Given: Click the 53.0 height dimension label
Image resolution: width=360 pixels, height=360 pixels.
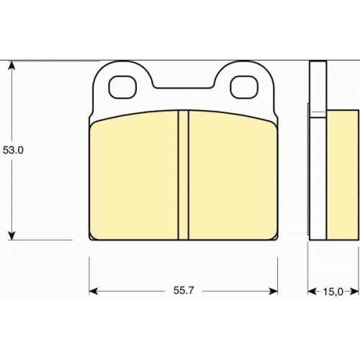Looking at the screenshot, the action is coord(13,150).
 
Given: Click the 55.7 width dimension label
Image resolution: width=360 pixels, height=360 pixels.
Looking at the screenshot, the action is coord(184,291).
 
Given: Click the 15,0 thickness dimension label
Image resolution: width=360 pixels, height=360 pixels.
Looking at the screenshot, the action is coord(333,292).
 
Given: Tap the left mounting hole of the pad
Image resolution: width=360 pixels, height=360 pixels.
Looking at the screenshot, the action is coord(122,87).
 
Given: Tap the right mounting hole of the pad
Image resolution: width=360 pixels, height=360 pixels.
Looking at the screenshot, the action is coord(244,87).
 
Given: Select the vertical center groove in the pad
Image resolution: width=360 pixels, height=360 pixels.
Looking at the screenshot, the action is coord(184,175).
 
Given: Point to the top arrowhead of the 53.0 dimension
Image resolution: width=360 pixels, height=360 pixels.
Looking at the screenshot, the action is coord(12,66).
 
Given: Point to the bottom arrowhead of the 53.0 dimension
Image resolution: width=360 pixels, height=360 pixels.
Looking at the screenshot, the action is coord(12,235).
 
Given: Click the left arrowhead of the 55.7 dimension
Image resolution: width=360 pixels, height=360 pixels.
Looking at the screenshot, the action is coord(94,292).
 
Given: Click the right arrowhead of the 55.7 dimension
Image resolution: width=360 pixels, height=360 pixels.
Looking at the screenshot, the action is coord(273,292).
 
